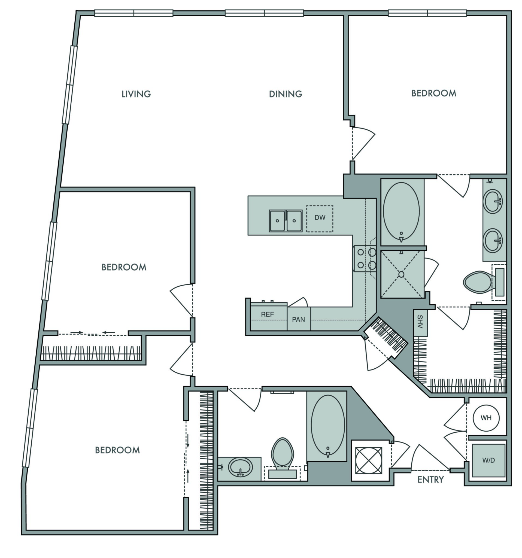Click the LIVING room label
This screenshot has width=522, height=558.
point(136,94)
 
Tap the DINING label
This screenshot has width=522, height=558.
point(286,94)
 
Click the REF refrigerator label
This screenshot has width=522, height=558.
point(267,314)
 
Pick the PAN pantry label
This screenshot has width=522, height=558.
point(298,319)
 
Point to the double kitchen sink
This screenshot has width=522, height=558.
point(286,221)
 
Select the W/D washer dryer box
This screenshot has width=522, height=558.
point(488,460)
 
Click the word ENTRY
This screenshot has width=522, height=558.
point(430,480)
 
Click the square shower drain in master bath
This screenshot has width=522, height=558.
point(401,274)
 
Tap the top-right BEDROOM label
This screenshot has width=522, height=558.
point(434,93)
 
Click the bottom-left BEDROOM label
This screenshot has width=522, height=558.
point(117,450)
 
